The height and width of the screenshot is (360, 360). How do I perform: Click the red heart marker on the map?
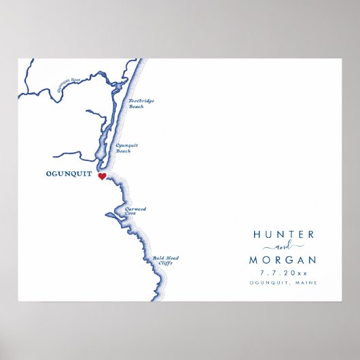click(102, 177)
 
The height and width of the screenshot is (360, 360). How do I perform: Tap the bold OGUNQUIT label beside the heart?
click(69, 174)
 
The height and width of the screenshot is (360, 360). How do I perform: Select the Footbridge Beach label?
click(141, 103)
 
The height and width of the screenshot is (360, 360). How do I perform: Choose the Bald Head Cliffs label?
click(163, 260)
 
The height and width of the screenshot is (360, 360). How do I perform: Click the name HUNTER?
click(283, 234)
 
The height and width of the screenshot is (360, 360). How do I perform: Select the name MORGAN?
click(283, 259)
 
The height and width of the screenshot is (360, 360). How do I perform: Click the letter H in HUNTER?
click(257, 234)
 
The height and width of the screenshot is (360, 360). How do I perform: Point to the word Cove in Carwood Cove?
click(130, 214)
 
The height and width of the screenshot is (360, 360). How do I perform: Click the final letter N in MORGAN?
click(312, 259)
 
